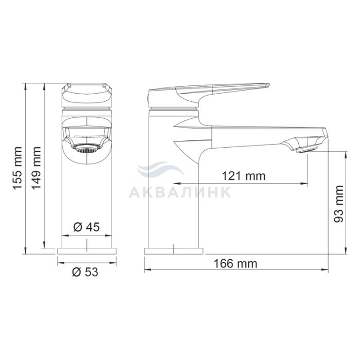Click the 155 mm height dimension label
[17, 168]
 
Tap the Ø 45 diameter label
[86, 227]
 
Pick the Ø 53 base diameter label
[85, 272]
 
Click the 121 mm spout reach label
[244, 176]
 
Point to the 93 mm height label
[339, 204]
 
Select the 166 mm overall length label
[236, 263]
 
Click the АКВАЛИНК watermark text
[180, 192]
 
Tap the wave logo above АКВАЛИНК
[160, 169]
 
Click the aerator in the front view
[86, 149]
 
